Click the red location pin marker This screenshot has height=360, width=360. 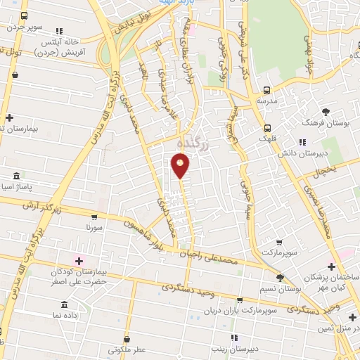tap(180, 165)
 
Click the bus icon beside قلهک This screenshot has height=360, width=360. tap(266, 128)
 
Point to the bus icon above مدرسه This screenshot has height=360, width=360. tap(266, 90)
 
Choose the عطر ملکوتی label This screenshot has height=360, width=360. tap(127, 349)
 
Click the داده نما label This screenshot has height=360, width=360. tap(64, 316)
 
